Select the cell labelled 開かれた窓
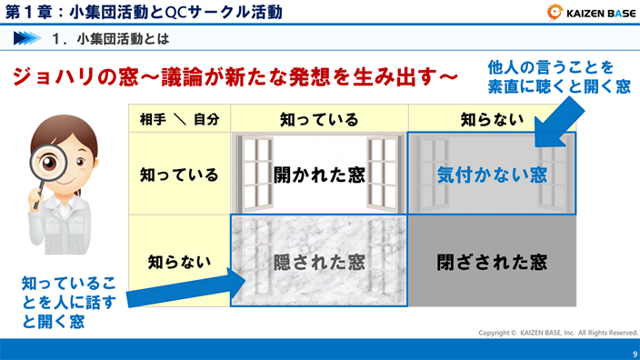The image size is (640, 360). (x=319, y=174)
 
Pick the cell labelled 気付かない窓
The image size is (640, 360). (x=491, y=174)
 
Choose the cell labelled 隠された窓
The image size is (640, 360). (x=319, y=262)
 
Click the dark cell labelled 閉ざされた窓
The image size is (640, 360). (x=491, y=262)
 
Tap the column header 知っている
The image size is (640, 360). (x=319, y=119)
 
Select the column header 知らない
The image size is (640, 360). (x=491, y=119)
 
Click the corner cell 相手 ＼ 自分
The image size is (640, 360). (x=180, y=119)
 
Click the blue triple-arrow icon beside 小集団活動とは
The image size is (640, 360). (x=27, y=39)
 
